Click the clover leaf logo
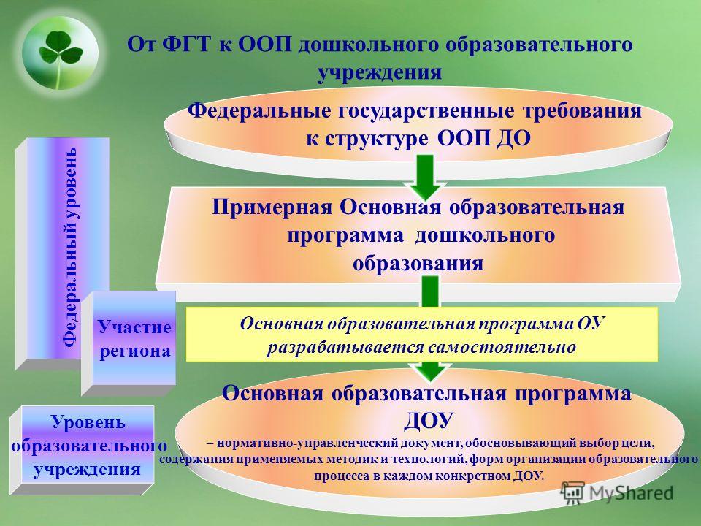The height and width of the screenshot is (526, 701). coord(61,53)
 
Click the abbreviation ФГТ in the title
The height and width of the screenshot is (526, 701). coord(186,45)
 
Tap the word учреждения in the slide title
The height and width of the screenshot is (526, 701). coord(380,72)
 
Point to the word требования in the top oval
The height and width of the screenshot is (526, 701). coord(582,110)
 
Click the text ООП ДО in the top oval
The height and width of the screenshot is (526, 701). coord(483,138)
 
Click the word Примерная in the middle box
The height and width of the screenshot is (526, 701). coord(272,207)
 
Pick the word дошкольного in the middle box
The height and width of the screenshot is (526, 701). coord(485,235)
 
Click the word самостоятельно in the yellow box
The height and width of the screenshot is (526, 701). coord(502,347)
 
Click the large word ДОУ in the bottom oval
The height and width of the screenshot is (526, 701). coord(429,421)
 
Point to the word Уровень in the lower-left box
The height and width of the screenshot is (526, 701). coord(88,422)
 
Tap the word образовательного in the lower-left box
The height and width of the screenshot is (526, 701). coord(89,446)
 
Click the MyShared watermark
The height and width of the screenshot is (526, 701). coord(618,492)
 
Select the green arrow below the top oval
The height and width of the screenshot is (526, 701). coord(426,177)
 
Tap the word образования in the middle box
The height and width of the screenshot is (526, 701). coord(418,263)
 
